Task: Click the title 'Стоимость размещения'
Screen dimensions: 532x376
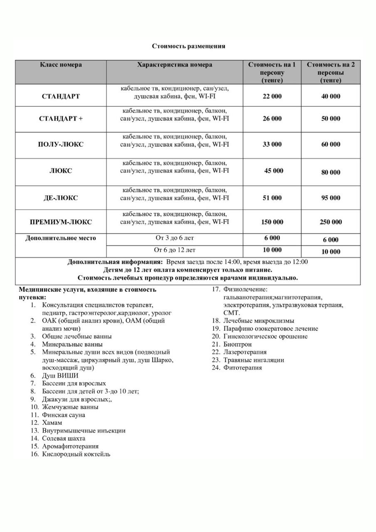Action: coord(188,46)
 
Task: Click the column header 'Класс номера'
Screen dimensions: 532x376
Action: coord(61,65)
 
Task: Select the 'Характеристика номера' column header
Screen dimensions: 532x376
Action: coord(175,65)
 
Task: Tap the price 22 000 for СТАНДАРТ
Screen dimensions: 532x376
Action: coord(272,96)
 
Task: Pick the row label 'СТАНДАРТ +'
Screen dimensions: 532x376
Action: coord(61,119)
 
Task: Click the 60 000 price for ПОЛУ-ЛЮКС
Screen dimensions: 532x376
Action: coord(331,145)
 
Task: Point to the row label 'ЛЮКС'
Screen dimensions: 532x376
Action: coord(61,171)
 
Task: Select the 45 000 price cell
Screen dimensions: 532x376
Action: coord(274,171)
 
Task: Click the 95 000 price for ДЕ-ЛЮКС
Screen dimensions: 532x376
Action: coord(331,198)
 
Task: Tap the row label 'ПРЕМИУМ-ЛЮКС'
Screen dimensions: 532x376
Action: coord(61,222)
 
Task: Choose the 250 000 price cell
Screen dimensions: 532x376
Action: coord(331,222)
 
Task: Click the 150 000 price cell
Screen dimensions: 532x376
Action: coord(272,222)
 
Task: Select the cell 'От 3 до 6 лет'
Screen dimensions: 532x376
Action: coord(175,239)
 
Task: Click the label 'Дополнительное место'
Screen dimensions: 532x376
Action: coord(61,239)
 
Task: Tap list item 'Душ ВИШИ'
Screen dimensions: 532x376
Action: coord(60,376)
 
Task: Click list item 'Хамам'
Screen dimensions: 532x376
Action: coord(52,423)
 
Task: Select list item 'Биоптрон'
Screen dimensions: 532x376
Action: coord(237,344)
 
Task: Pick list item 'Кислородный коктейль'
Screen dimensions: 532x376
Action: coord(76,454)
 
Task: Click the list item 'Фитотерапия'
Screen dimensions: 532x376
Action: coord(242,368)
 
